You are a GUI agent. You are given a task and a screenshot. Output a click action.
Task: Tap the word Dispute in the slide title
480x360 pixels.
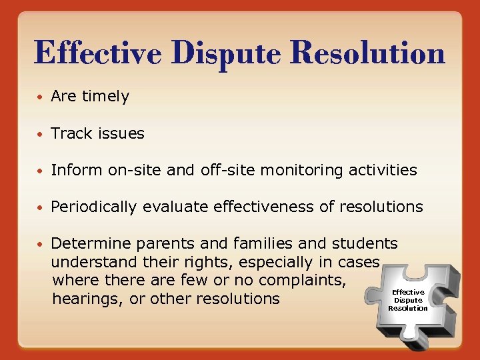(207, 53)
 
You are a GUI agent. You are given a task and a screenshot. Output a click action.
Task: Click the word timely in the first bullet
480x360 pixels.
(105, 97)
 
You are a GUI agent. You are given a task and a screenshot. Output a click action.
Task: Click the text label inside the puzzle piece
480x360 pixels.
(408, 300)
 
